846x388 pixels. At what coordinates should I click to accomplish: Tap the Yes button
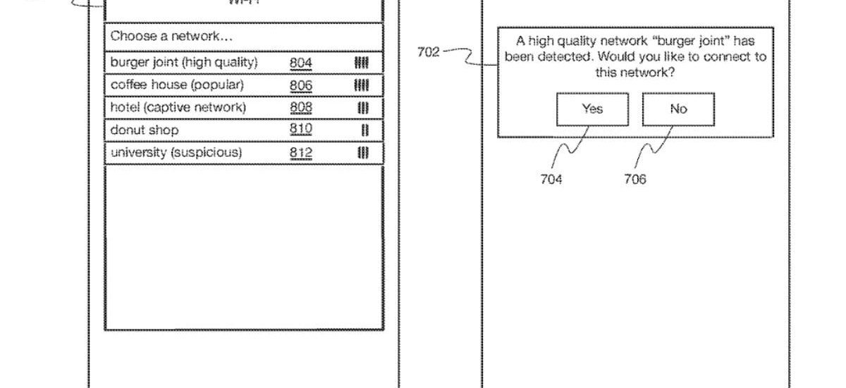[x=592, y=109]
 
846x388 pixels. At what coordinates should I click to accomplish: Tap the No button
[x=678, y=109]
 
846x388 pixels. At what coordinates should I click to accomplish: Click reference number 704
[x=551, y=179]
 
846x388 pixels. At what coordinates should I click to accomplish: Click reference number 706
[x=634, y=179]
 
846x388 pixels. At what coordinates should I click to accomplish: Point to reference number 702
[x=428, y=52]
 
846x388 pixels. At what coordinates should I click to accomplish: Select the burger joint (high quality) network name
[x=184, y=63]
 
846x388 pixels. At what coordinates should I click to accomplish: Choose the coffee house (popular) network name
[x=177, y=85]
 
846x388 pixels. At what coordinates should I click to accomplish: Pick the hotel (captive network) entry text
[x=178, y=107]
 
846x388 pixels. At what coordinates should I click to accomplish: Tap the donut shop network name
[x=144, y=130]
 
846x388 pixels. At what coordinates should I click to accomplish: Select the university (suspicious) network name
[x=176, y=152]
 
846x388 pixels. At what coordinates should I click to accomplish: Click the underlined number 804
[x=300, y=63]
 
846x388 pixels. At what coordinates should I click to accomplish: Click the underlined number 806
[x=300, y=85]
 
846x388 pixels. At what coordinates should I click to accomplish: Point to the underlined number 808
[x=300, y=107]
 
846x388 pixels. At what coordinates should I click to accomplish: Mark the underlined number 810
[x=300, y=130]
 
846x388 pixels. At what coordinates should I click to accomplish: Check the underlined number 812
[x=300, y=152]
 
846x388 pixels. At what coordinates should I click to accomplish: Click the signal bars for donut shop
[x=364, y=131]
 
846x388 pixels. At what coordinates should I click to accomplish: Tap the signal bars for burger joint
[x=362, y=63]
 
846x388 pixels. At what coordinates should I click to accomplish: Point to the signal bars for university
[x=363, y=152]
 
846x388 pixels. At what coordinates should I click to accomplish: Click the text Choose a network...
[x=171, y=36]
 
